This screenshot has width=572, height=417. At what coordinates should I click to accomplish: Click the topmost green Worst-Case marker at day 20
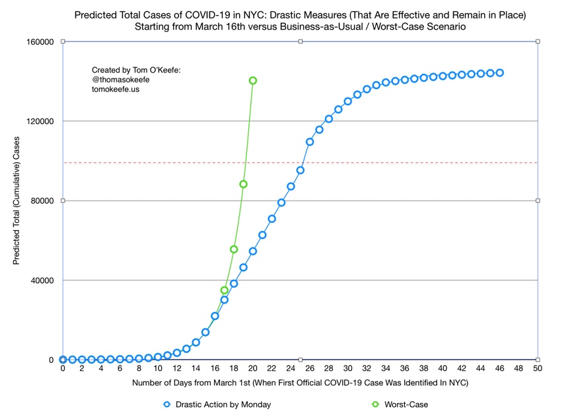point(253,80)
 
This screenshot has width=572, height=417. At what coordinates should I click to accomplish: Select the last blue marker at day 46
point(500,73)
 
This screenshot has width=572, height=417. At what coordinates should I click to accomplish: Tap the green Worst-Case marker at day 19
point(243,184)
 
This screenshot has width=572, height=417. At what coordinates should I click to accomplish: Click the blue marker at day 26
point(310,142)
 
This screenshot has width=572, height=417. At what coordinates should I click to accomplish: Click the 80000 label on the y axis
point(42,201)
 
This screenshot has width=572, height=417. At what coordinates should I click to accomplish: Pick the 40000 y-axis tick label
point(42,280)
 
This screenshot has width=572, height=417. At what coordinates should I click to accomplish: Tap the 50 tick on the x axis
point(538,369)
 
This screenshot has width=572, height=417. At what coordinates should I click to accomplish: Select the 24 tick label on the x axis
point(291,369)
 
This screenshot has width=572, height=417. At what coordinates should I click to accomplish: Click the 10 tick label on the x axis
point(158,369)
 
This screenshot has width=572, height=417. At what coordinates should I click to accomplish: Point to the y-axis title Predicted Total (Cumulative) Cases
point(16,201)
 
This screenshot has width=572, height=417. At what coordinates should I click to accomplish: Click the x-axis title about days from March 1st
point(301,383)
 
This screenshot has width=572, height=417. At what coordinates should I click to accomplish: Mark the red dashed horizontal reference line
point(396,162)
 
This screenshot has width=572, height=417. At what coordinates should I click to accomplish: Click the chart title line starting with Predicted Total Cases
point(301,15)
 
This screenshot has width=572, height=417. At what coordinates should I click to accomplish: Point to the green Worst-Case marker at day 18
point(234,249)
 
